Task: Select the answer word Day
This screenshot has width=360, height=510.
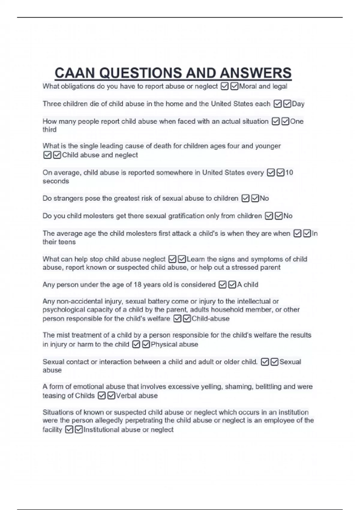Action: pos(298,104)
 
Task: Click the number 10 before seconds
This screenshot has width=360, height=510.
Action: pos(289,172)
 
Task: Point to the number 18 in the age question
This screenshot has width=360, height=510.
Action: pos(137,284)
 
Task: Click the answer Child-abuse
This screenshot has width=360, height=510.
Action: pos(210,319)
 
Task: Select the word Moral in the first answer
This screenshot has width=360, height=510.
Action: pos(248,86)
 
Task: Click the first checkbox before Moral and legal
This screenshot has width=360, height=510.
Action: pos(224,86)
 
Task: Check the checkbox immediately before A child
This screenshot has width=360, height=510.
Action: pos(232,284)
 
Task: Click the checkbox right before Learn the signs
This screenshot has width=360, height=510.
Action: pos(181,259)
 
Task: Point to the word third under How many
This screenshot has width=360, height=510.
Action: pos(49,130)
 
